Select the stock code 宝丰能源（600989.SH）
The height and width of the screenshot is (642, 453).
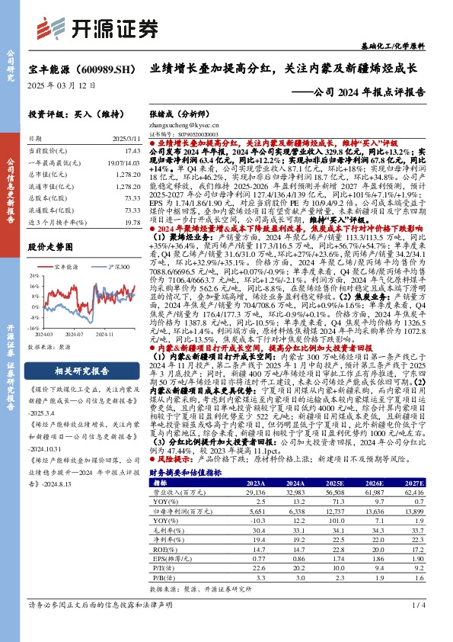click(77, 69)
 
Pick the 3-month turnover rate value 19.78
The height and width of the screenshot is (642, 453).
click(132, 221)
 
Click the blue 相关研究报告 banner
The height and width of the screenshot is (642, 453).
click(80, 371)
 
